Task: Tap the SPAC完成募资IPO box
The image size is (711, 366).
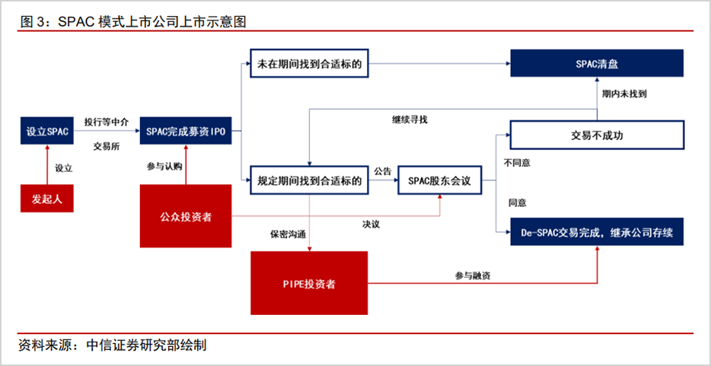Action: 185,132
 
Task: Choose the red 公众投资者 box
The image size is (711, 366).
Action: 185,217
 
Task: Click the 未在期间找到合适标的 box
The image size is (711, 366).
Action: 309,65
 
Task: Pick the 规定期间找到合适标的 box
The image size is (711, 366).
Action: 309,181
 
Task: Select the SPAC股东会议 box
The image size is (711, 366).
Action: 441,181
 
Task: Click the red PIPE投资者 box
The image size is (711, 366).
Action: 309,284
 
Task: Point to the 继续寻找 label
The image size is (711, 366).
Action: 410,119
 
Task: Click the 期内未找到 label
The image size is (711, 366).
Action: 624,94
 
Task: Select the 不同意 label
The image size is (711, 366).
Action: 518,163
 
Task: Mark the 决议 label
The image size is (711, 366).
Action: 371,224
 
